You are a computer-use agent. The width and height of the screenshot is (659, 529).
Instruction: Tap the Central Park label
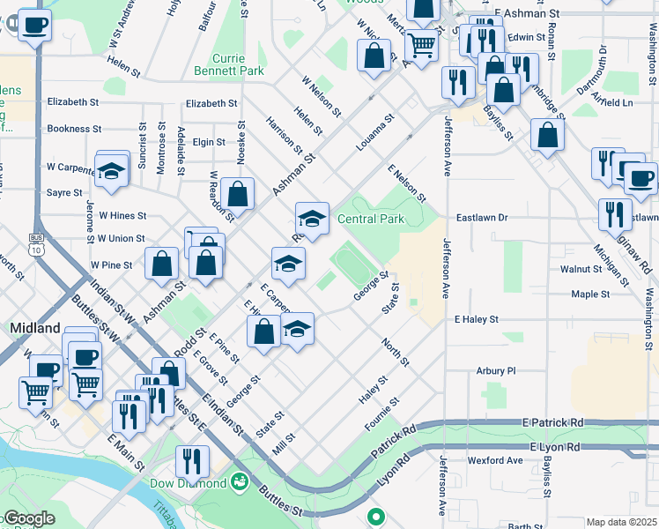pyautogui.click(x=370, y=219)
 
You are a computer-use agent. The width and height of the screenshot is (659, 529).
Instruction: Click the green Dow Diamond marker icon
pyautogui.click(x=238, y=482)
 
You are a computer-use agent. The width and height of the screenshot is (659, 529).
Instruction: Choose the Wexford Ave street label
pyautogui.click(x=496, y=460)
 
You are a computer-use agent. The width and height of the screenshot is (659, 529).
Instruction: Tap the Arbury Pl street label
pyautogui.click(x=496, y=371)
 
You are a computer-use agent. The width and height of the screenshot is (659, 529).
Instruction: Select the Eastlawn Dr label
pyautogui.click(x=483, y=217)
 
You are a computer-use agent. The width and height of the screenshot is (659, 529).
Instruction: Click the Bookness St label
pyautogui.click(x=81, y=129)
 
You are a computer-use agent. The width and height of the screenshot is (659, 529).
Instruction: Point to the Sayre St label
pyautogui.click(x=64, y=192)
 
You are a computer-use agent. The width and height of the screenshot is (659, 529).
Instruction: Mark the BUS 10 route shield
pyautogui.click(x=36, y=244)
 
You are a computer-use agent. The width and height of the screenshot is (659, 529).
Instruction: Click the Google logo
pyautogui.click(x=28, y=518)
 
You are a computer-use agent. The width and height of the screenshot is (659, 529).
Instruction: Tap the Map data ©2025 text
pyautogui.click(x=622, y=522)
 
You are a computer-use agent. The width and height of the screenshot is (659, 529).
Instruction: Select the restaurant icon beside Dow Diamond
pyautogui.click(x=191, y=460)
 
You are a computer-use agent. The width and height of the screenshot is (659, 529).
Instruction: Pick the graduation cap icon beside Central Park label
pyautogui.click(x=312, y=217)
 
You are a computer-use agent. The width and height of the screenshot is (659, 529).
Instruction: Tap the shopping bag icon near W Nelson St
pyautogui.click(x=374, y=55)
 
